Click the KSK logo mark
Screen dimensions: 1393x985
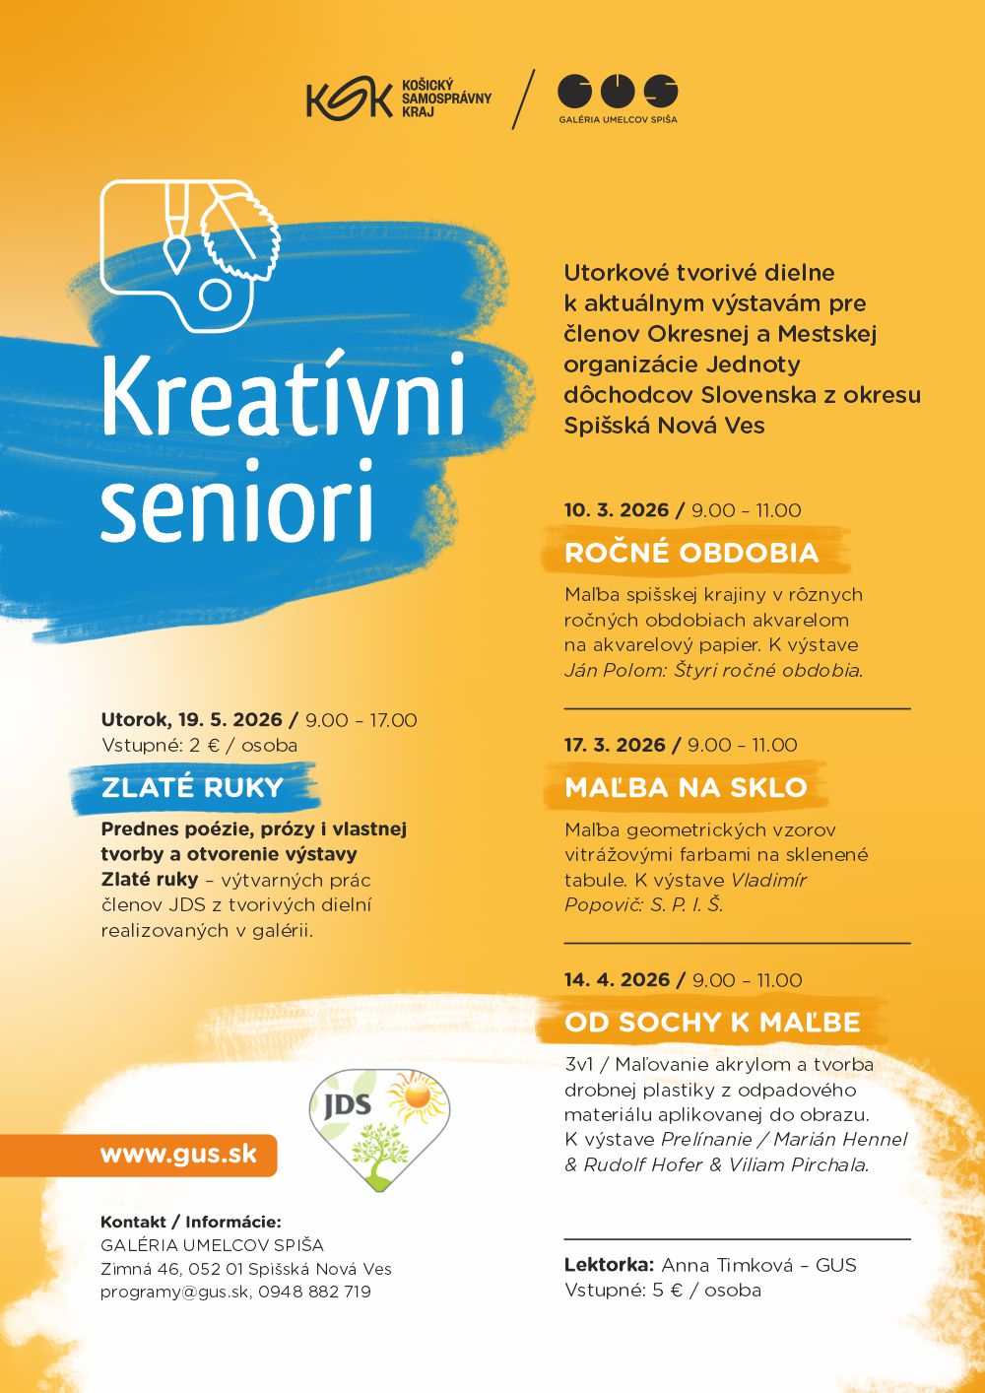pyautogui.click(x=350, y=99)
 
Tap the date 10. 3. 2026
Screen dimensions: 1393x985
pyautogui.click(x=617, y=510)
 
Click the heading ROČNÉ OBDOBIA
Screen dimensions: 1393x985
pyautogui.click(x=691, y=553)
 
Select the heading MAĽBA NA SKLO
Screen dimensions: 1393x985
pyautogui.click(x=686, y=787)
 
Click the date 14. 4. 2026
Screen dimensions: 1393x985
pyautogui.click(x=617, y=980)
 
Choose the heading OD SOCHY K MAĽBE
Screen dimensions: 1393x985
pyautogui.click(x=712, y=1023)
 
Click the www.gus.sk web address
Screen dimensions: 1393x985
pyautogui.click(x=178, y=1155)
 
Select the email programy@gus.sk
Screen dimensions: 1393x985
pyautogui.click(x=174, y=1293)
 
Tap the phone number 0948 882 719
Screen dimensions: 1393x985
pyautogui.click(x=315, y=1293)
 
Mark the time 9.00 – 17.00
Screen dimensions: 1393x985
pyautogui.click(x=361, y=720)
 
